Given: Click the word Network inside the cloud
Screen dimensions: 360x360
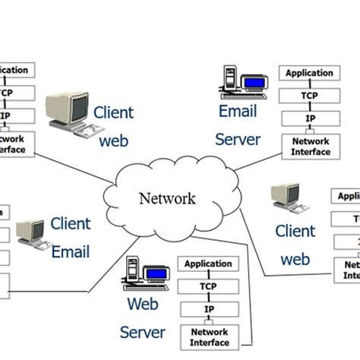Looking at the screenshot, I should coord(166,199).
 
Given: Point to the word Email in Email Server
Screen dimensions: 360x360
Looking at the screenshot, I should coord(238,112).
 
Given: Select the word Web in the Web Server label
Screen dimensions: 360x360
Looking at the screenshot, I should coord(142,305).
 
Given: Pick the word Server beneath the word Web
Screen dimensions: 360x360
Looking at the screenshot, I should coord(142,333).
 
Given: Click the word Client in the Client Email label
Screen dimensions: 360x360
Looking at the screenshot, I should coord(71,224).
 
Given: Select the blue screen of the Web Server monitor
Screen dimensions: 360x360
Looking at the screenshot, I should coord(156,273).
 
